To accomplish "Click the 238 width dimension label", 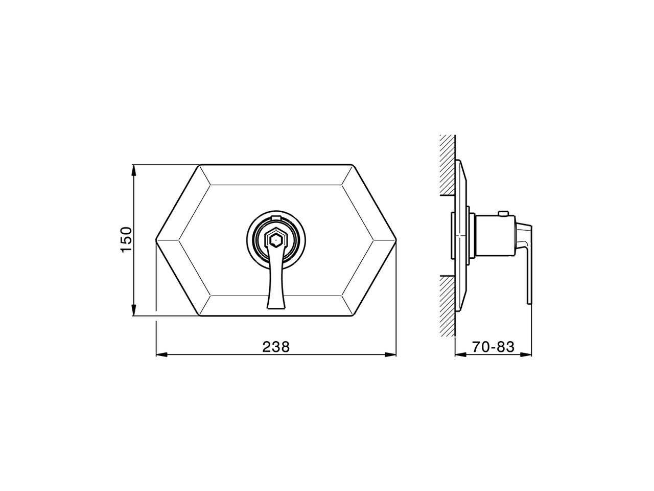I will tap(276, 347).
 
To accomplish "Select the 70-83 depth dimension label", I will tap(493, 347).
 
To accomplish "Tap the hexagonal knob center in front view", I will tap(276, 238).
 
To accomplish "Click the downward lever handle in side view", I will tap(526, 266).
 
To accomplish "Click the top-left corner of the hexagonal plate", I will tap(200, 165).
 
